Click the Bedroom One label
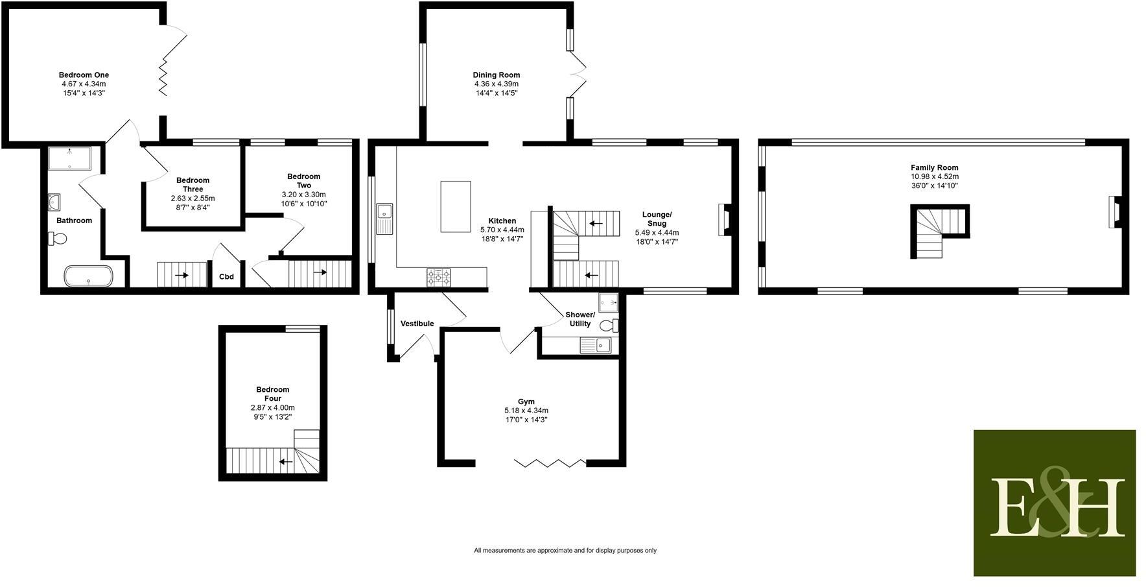pyautogui.click(x=84, y=75)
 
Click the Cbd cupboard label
pyautogui.click(x=226, y=277)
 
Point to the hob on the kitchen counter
pyautogui.click(x=439, y=278)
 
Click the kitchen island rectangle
pyautogui.click(x=456, y=206)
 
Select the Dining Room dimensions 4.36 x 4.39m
pyautogui.click(x=497, y=84)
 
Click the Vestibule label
pyautogui.click(x=417, y=324)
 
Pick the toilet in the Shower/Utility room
pyautogui.click(x=609, y=325)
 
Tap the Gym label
pyautogui.click(x=526, y=401)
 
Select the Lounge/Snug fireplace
pyautogui.click(x=724, y=220)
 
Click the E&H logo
pyautogui.click(x=1055, y=503)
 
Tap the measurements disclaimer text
pyautogui.click(x=565, y=551)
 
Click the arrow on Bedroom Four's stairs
pyautogui.click(x=285, y=462)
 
